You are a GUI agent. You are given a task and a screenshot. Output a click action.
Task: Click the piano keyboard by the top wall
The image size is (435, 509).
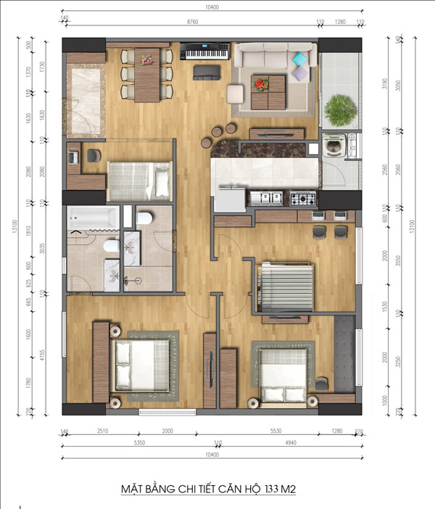click(202, 51)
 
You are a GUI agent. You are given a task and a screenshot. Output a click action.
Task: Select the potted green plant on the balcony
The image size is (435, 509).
click(340, 110)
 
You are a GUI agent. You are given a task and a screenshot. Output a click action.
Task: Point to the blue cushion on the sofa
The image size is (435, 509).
click(299, 58)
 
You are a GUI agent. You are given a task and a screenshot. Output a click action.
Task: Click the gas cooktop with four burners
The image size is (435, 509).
click(303, 197)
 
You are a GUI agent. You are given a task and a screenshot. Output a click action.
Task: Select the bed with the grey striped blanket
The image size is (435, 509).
click(286, 280)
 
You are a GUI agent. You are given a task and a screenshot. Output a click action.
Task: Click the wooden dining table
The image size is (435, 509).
click(147, 73)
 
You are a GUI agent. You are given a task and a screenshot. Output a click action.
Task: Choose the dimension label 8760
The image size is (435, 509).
click(192, 22)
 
